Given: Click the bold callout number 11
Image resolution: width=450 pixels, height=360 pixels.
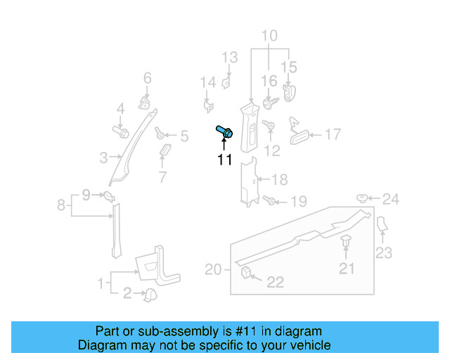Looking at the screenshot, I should coord(224,160).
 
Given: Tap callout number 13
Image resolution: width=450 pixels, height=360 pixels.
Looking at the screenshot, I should coord(231,57).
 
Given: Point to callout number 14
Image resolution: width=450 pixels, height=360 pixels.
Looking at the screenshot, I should coord(207,83).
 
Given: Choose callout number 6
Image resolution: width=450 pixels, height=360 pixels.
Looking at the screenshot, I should coord(148,78).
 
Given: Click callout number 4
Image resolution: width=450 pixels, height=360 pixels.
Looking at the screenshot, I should coord(120,108).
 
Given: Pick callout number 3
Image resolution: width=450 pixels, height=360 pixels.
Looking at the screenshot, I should coord(103,157).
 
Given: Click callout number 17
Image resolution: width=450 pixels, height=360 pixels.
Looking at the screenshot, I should coord(332,134).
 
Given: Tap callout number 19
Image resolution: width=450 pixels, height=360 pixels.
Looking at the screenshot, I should coord(299,202).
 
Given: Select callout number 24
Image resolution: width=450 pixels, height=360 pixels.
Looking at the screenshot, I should coord(390,200).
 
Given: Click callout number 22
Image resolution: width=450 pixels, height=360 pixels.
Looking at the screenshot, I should coord(275,282).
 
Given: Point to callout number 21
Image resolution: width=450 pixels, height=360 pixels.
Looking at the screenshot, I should coord(347,267).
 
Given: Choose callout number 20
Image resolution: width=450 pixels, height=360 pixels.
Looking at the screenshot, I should coord(213,269).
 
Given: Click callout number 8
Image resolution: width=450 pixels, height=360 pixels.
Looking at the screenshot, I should coord(62,205).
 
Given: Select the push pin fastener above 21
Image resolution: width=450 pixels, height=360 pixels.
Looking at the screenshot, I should coord(347,243).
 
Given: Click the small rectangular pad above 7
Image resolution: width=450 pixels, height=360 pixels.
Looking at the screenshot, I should coord(166,153).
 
